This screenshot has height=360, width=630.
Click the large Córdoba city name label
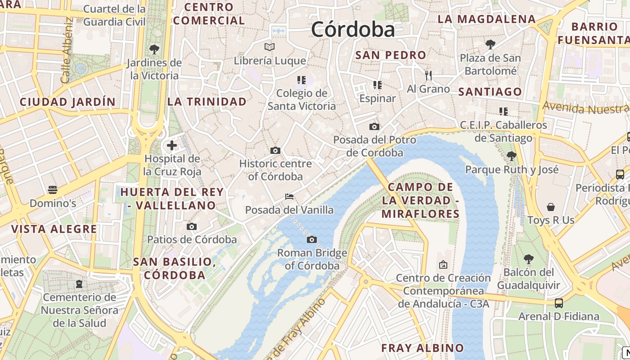[353, 30]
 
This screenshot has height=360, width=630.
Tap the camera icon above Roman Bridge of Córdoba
[311, 239]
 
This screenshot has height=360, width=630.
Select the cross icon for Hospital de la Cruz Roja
[171, 145]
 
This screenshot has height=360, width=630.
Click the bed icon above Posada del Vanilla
[289, 197]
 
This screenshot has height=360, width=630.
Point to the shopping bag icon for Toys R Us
[551, 207]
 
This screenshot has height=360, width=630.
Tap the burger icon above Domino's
[53, 190]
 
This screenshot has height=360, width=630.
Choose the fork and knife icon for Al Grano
[428, 75]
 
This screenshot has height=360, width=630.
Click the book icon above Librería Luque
[270, 47]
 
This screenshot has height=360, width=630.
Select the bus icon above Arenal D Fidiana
[558, 303]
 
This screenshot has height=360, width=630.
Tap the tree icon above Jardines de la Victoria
[154, 49]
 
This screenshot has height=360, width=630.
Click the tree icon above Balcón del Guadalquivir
[528, 259]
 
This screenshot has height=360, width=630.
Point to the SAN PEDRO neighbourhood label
[391, 55]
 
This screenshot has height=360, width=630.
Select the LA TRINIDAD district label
[207, 102]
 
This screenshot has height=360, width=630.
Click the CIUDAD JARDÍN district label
[68, 102]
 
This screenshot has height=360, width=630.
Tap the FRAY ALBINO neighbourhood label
[422, 348]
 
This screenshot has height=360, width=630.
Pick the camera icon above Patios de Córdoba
[192, 226]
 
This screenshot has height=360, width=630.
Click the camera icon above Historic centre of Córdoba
[275, 150]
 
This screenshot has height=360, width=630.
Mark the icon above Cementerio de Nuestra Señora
[80, 283]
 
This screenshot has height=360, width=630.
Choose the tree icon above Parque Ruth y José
[511, 156]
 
